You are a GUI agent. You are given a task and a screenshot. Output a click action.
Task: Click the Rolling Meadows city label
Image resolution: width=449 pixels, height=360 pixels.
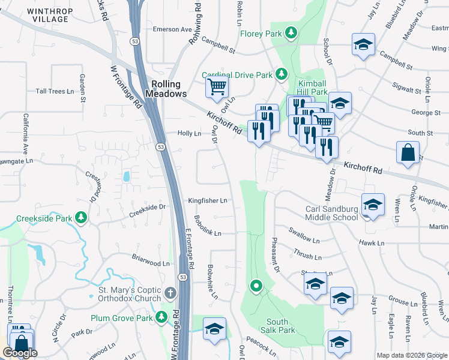[169, 89]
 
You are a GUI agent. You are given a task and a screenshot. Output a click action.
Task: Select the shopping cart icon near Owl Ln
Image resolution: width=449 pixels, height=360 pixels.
[216, 86]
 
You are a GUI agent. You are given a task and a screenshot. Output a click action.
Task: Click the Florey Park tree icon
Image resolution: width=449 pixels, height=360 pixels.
[291, 32]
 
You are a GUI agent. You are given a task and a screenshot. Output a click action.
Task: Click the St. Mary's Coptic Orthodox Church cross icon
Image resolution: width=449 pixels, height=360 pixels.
[170, 294]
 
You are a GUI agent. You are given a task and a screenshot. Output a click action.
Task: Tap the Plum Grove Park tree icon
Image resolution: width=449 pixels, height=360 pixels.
[161, 317]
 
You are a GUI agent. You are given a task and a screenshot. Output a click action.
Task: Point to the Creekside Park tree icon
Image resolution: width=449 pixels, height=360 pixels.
[79, 218]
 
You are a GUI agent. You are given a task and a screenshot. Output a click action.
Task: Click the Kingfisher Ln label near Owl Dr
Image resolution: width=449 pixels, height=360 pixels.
[208, 200]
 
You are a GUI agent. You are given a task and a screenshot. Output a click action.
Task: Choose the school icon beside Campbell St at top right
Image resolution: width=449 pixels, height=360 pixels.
[362, 45]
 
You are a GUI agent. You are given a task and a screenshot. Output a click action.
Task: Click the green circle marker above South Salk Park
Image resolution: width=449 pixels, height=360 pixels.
[256, 287]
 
